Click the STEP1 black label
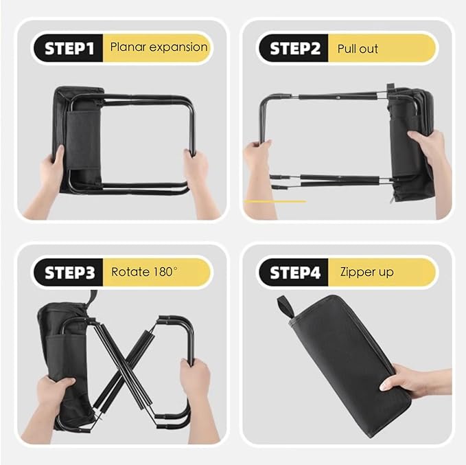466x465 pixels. click(x=69, y=48)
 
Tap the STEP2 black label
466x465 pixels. click(x=294, y=48)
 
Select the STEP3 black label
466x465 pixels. click(x=69, y=272)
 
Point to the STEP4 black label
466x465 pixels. click(x=294, y=272)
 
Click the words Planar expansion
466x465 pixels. click(x=159, y=47)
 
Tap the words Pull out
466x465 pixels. click(x=358, y=49)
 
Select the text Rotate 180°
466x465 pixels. click(x=144, y=271)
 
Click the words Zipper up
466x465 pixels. click(x=366, y=272)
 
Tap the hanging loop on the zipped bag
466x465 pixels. click(x=286, y=306)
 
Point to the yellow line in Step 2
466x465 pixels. click(x=275, y=201)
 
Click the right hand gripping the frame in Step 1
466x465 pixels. click(x=198, y=176)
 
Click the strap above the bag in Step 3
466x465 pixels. click(x=93, y=299)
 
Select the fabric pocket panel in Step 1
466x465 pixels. click(x=83, y=140)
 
